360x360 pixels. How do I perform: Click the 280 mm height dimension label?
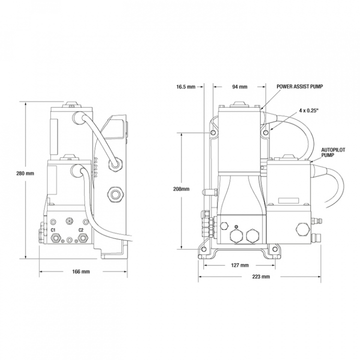tap(25, 173)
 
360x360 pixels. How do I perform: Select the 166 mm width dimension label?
tap(81, 271)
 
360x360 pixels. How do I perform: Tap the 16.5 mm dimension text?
tap(185, 87)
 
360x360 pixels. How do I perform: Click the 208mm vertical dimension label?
tap(181, 189)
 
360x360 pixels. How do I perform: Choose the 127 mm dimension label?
tap(239, 265)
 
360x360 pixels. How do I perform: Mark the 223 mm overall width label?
tap(261, 276)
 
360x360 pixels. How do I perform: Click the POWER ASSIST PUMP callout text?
tap(299, 86)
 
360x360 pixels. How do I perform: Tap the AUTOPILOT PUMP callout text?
tap(333, 152)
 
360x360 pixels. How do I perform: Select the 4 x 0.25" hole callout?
tap(308, 110)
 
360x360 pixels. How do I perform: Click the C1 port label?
tap(53, 230)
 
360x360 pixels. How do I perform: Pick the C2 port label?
tap(81, 230)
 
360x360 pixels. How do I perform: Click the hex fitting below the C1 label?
tap(56, 238)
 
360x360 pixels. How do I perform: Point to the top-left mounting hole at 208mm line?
tap(213, 132)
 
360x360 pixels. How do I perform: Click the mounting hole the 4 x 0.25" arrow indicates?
tap(266, 132)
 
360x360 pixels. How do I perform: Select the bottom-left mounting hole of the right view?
tap(203, 249)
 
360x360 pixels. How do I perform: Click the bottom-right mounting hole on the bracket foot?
tap(275, 249)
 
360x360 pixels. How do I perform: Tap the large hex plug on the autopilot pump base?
tap(301, 228)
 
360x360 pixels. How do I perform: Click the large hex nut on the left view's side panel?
tap(116, 194)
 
